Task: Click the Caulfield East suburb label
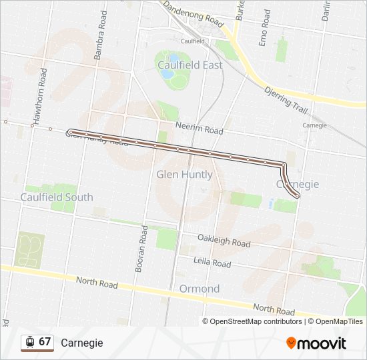[189, 65]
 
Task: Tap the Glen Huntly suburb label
[184, 175]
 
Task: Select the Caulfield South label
[57, 197]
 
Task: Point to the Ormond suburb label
[199, 289]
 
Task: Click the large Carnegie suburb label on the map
[298, 184]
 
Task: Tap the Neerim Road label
[199, 129]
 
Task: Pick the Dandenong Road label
[193, 14]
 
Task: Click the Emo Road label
[266, 27]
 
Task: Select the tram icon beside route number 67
[29, 342]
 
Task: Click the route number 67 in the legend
[45, 342]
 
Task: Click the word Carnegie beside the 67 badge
[81, 343]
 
